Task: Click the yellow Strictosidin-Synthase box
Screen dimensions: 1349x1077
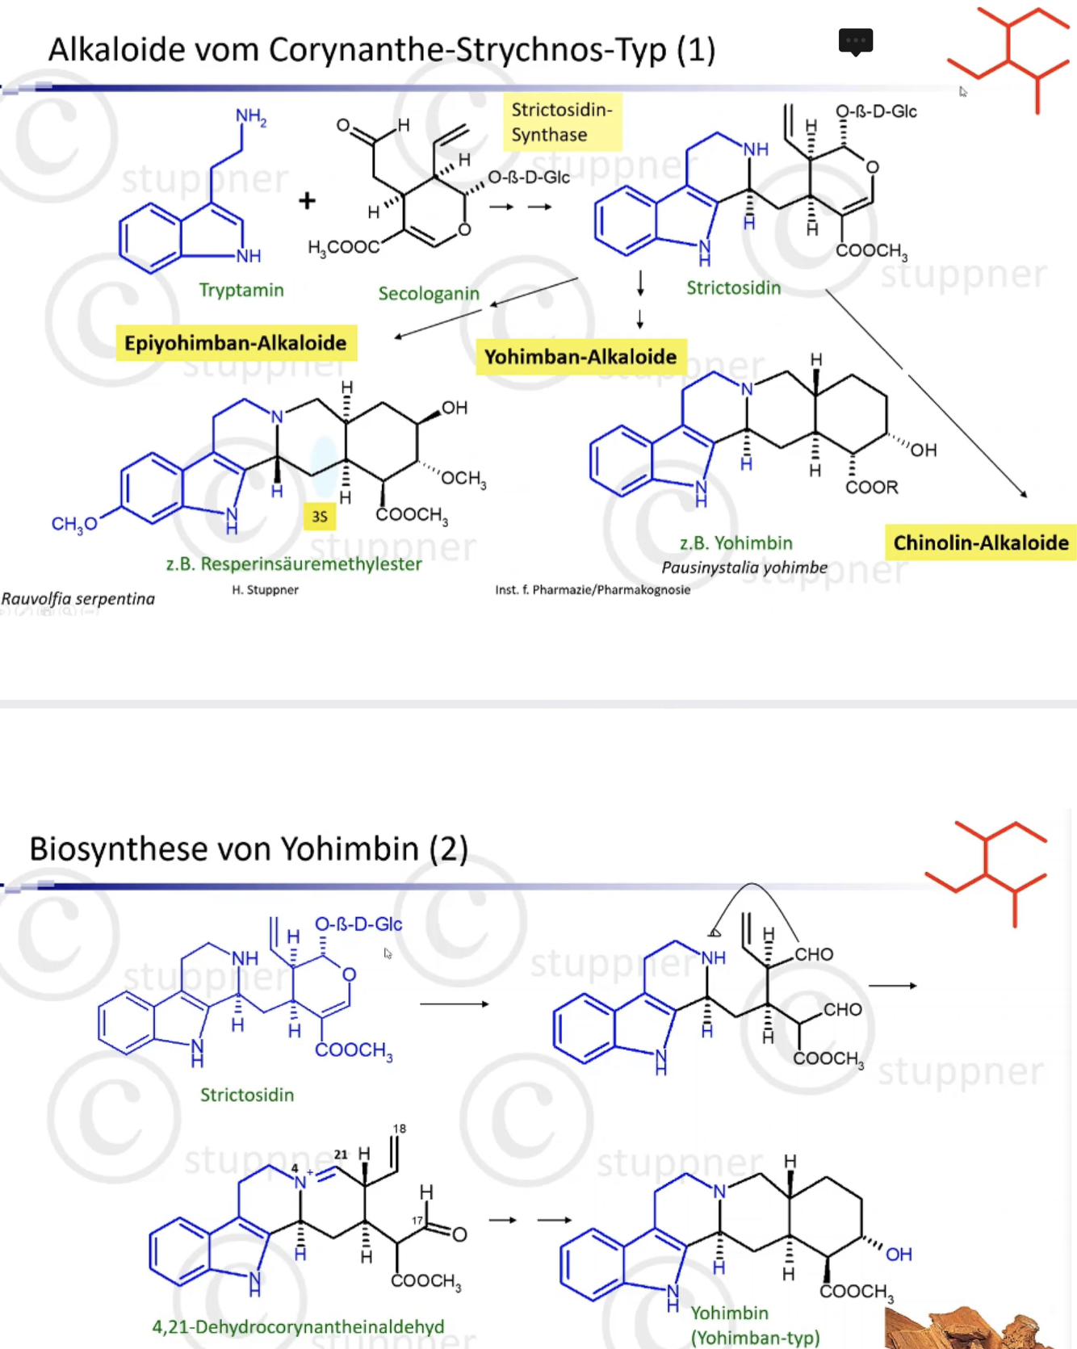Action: coord(562,122)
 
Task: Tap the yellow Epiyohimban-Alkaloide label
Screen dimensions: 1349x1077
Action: coord(236,343)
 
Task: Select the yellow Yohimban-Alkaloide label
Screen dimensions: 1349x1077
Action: coord(580,357)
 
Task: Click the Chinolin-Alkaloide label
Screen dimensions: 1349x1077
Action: coord(980,543)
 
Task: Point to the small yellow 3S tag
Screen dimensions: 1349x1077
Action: coord(320,517)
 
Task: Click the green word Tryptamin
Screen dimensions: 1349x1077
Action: coord(241,290)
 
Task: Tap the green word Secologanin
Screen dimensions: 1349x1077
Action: coord(429,294)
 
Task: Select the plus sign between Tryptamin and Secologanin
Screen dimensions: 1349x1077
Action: coord(307,200)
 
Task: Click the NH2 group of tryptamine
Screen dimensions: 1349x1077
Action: coord(251,117)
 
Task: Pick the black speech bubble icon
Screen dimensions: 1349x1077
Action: coord(856,41)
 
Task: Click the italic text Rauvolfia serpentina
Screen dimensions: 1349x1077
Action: coord(78,599)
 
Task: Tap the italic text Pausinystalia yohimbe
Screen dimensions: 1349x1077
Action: coord(744,568)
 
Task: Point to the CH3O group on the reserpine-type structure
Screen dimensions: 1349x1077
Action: coord(74,524)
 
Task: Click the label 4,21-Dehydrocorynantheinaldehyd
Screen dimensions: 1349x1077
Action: coord(298,1326)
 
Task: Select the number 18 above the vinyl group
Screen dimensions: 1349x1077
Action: coord(400,1129)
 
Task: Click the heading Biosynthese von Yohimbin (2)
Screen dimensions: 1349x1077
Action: coord(249,849)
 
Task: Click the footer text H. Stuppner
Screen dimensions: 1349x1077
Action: coord(265,590)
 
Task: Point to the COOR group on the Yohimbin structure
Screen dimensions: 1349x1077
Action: coord(871,488)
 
